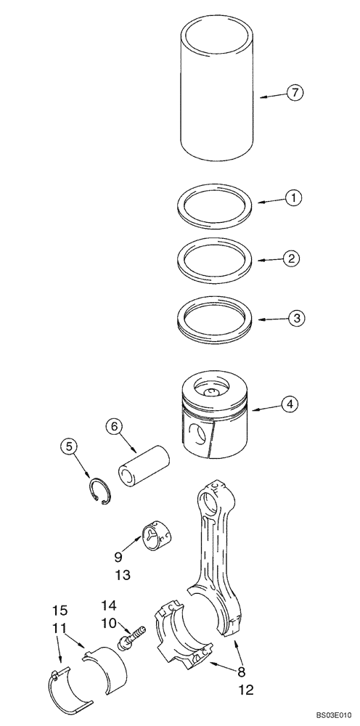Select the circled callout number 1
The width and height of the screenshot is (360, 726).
[292, 197]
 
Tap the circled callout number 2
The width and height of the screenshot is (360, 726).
[291, 257]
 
